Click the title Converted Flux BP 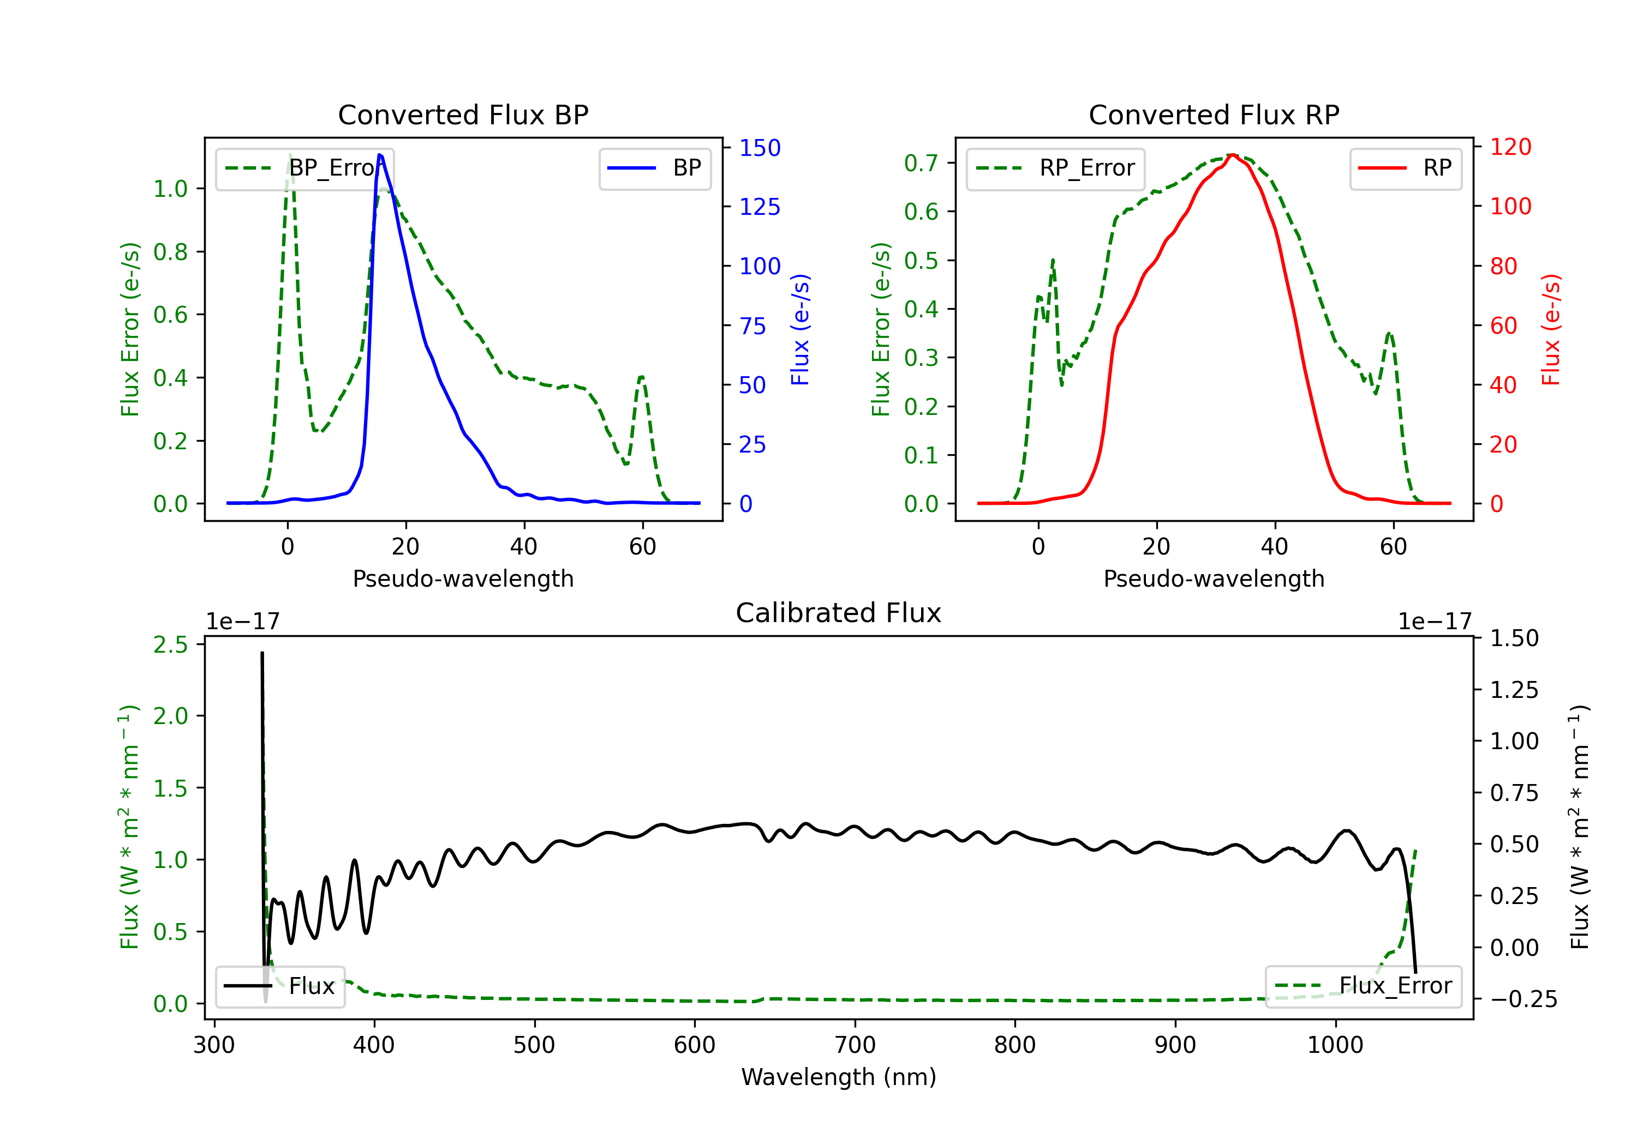pos(463,114)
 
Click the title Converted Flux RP pos(1214,114)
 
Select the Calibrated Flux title pos(839,613)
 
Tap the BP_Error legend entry pos(304,168)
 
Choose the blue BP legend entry pos(654,168)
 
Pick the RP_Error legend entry pos(1055,168)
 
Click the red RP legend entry pos(1405,168)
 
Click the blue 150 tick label pos(760,148)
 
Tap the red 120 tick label pos(1511,147)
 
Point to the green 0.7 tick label pos(921,163)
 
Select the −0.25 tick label pos(1524,999)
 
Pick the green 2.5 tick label pos(170,645)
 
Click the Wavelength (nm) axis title pos(839,1077)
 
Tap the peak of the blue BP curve pos(380,155)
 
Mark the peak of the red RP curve pos(1232,155)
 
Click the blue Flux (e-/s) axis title pos(800,329)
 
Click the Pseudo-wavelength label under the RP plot pos(1214,578)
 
